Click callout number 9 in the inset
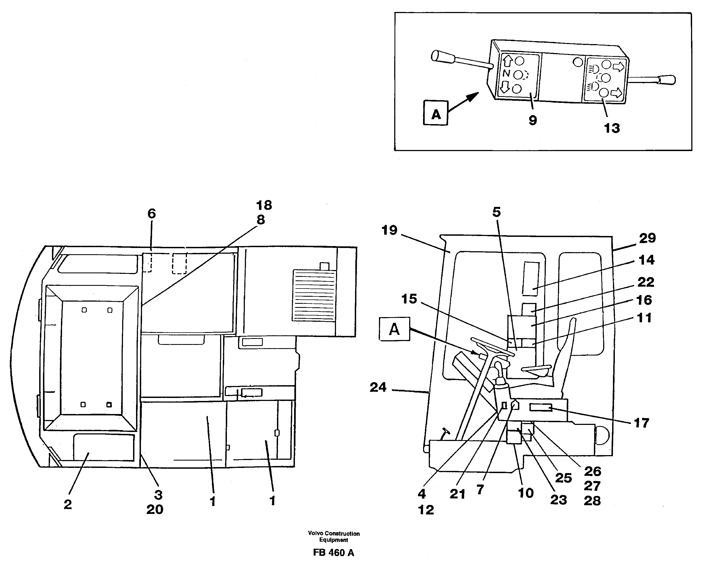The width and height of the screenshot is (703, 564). click(532, 120)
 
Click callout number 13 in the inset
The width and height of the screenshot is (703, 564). click(612, 128)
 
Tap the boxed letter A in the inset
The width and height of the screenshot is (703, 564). click(436, 113)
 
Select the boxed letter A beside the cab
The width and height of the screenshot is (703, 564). click(394, 329)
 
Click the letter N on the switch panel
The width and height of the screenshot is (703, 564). click(506, 73)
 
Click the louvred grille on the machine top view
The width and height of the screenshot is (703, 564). click(314, 295)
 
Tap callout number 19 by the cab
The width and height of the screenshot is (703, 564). click(389, 230)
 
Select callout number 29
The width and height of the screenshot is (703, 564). click(647, 238)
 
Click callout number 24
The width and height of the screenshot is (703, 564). click(378, 387)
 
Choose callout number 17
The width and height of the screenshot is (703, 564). click(641, 423)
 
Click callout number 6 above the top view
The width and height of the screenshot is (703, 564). click(152, 214)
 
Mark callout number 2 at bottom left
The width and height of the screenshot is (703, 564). click(67, 504)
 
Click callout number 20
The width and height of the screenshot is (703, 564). click(155, 509)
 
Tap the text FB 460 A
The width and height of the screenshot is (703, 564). click(333, 553)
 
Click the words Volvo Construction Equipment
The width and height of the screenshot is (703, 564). click(334, 537)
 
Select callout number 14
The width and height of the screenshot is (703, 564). click(646, 260)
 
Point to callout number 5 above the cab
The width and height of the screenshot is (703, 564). click(496, 212)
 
